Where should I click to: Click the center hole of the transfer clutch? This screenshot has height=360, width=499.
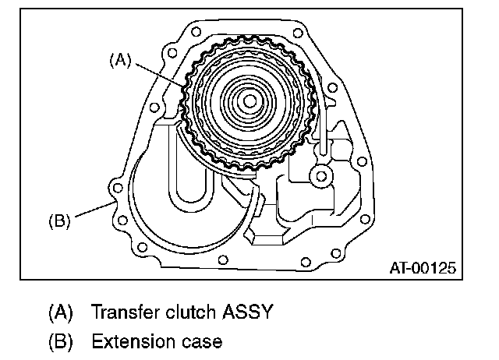click(248, 101)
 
